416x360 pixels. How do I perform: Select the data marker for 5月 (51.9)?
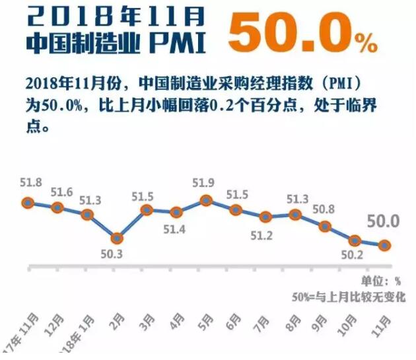[206, 200]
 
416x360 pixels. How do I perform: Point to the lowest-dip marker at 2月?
[117, 238]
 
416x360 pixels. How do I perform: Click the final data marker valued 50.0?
[384, 245]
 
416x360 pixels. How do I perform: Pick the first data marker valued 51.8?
[28, 203]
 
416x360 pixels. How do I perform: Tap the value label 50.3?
[116, 254]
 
